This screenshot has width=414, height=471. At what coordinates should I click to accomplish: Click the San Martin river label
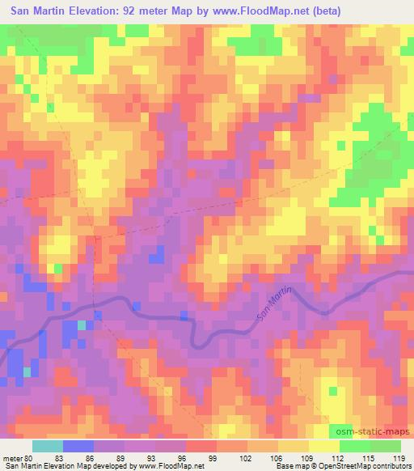click(275, 306)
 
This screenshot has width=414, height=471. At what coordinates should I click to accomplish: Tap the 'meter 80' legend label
click(19, 458)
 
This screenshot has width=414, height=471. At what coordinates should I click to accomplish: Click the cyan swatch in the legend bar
click(47, 446)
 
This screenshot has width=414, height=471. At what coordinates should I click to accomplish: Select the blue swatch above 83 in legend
click(77, 446)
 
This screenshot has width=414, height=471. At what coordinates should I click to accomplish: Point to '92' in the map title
click(134, 11)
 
